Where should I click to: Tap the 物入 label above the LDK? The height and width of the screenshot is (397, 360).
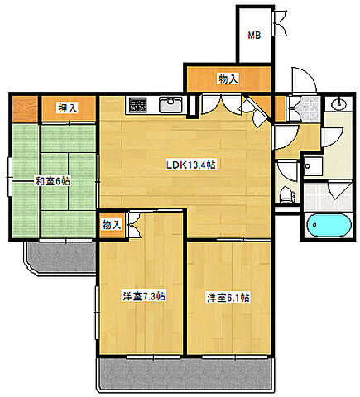228,79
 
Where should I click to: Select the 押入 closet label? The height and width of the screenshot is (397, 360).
68,108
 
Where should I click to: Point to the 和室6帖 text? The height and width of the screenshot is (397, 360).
50,180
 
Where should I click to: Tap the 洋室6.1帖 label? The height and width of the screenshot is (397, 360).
228,297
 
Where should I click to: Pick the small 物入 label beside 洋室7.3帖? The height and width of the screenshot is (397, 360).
112,224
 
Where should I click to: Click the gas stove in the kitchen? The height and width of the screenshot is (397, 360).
137,105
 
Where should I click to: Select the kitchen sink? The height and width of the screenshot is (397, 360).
170,105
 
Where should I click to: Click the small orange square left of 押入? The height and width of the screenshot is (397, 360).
24,108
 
